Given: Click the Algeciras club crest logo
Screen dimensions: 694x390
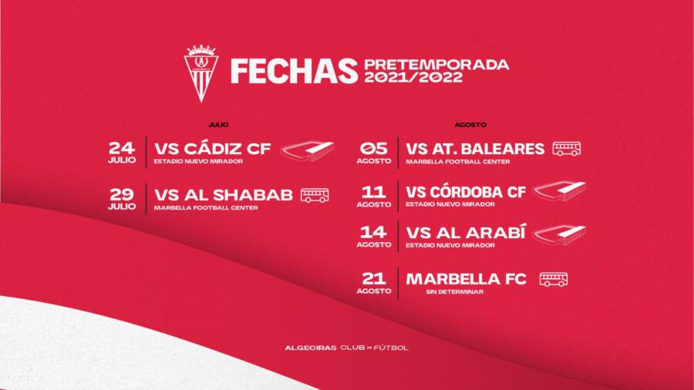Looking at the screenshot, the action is pyautogui.click(x=201, y=73).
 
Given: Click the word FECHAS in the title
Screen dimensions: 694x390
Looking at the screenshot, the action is pyautogui.click(x=294, y=71).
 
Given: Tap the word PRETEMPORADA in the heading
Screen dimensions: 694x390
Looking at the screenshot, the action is pyautogui.click(x=436, y=65).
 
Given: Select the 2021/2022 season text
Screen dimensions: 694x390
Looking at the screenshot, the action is pyautogui.click(x=413, y=77).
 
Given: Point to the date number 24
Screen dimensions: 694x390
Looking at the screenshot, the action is pyautogui.click(x=122, y=148).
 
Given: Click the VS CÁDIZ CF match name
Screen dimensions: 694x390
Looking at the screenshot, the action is pyautogui.click(x=213, y=149).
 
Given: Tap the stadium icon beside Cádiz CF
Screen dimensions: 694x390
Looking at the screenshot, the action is pyautogui.click(x=308, y=151).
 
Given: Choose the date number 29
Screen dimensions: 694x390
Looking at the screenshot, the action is pyautogui.click(x=122, y=193).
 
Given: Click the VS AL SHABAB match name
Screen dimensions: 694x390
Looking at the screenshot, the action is pyautogui.click(x=224, y=194).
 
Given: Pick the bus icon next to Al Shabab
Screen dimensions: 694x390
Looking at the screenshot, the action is pyautogui.click(x=315, y=195).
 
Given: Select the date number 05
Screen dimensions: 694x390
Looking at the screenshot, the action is pyautogui.click(x=373, y=148).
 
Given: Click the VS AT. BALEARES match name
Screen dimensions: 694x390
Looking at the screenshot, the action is pyautogui.click(x=475, y=149).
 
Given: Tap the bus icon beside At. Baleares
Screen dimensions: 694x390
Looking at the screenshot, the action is pyautogui.click(x=567, y=149).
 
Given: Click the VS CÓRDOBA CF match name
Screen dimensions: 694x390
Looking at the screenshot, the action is pyautogui.click(x=466, y=192).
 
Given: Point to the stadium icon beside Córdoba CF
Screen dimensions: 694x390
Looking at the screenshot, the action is pyautogui.click(x=559, y=191).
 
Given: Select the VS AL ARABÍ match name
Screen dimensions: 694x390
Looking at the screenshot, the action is pyautogui.click(x=466, y=233).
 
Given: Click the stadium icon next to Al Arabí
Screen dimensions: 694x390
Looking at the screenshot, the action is pyautogui.click(x=559, y=235).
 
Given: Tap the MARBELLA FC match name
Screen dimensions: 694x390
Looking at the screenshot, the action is pyautogui.click(x=466, y=279).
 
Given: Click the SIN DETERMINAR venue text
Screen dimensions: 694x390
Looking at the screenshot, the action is pyautogui.click(x=454, y=292).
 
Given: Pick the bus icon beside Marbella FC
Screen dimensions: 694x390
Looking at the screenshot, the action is pyautogui.click(x=553, y=280).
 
